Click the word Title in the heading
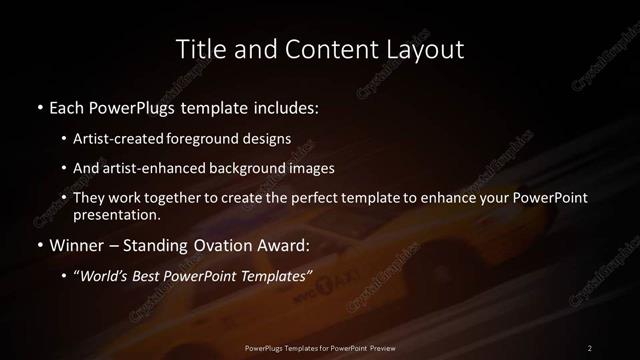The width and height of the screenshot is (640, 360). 198,48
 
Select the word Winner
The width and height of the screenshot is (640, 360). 73,245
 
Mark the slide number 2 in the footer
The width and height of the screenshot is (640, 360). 590,347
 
